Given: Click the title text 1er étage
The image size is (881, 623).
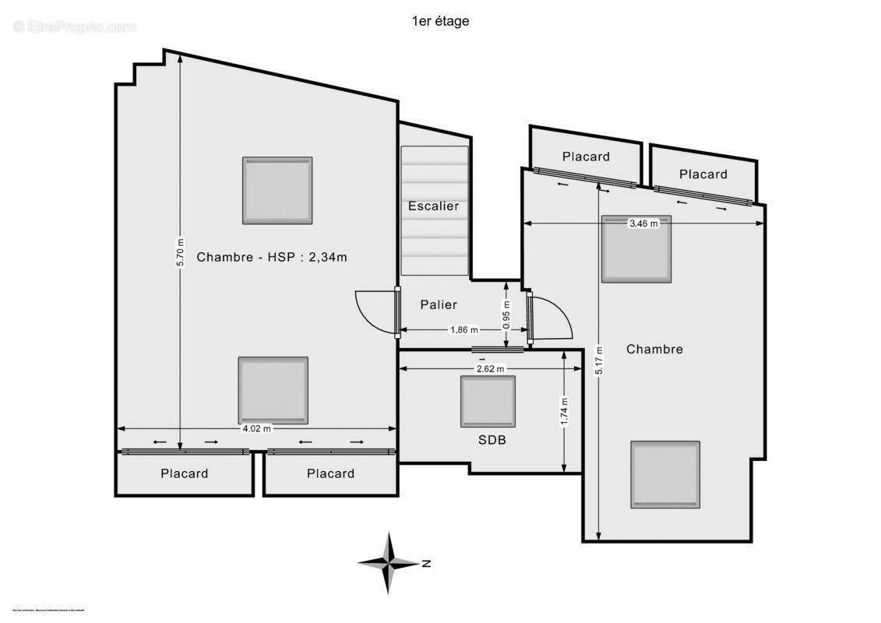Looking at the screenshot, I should pyautogui.click(x=440, y=22).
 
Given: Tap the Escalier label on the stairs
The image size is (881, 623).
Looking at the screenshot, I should pyautogui.click(x=433, y=206).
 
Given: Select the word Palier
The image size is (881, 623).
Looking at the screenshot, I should pyautogui.click(x=439, y=304).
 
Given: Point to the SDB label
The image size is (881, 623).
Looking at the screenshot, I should pyautogui.click(x=492, y=440).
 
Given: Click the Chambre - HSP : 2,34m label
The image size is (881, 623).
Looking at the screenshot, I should pyautogui.click(x=271, y=257).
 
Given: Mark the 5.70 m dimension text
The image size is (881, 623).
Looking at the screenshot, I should pyautogui.click(x=180, y=252).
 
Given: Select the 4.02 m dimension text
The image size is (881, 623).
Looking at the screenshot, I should pyautogui.click(x=256, y=428).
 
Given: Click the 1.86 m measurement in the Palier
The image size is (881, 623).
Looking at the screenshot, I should pyautogui.click(x=464, y=330).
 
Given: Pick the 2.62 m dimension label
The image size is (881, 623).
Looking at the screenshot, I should pyautogui.click(x=490, y=369).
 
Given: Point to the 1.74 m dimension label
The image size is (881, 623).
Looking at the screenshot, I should pyautogui.click(x=564, y=411).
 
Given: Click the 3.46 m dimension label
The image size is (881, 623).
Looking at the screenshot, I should pyautogui.click(x=643, y=224).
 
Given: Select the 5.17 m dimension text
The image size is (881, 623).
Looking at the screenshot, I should pyautogui.click(x=599, y=360).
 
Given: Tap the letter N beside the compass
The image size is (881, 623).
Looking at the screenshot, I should pyautogui.click(x=426, y=563).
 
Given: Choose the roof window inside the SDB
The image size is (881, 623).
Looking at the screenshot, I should pyautogui.click(x=488, y=401).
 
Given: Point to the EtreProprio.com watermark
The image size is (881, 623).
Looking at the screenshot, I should pyautogui.click(x=74, y=27).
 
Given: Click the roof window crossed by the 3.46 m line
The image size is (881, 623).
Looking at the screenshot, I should pyautogui.click(x=636, y=249).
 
